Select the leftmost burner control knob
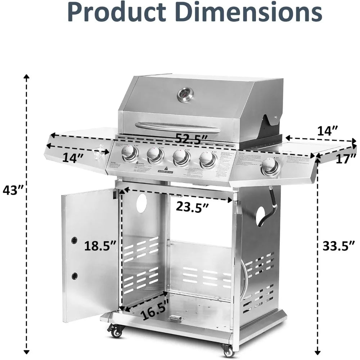[x=129, y=153]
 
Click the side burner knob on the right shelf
[x=270, y=166]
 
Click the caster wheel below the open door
[x=116, y=330]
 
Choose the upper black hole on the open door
[x=74, y=240]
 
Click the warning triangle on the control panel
[x=166, y=168]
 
